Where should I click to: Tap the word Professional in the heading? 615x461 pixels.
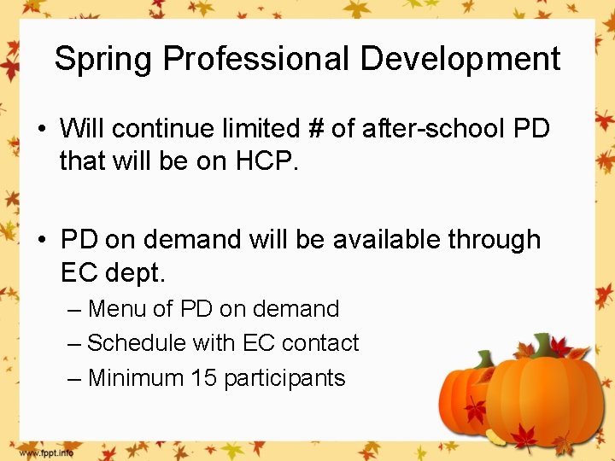(x=256, y=60)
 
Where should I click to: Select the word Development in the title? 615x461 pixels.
(x=460, y=60)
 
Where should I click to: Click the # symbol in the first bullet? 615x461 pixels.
(x=315, y=129)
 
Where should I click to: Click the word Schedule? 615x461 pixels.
(x=137, y=343)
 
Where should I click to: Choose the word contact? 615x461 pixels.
(x=320, y=343)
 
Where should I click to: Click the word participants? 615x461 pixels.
(x=284, y=378)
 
